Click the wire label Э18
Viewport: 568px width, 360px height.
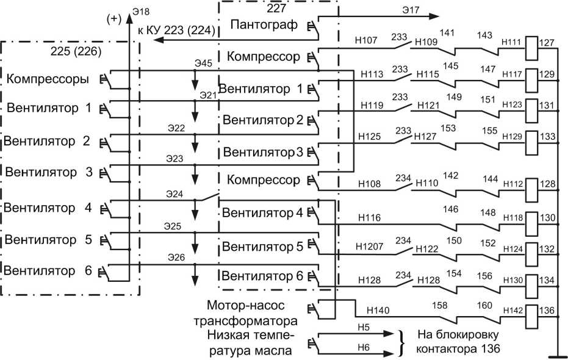coord(141,12)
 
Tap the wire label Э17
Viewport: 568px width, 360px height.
coord(411,10)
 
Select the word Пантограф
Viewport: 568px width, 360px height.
coord(264,24)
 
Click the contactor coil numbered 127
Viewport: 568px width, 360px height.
coord(532,48)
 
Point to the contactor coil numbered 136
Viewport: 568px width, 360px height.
coord(532,317)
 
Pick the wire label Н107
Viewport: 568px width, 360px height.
coord(366,40)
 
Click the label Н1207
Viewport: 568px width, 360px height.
coord(369,247)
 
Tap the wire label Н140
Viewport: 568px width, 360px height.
coord(378,310)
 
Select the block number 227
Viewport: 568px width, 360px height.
coord(276,8)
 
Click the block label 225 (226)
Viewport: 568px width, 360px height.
coord(76,51)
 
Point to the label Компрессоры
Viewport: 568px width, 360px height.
coord(48,79)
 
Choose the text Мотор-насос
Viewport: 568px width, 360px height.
coord(246,305)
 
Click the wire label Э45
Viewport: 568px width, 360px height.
coord(203,63)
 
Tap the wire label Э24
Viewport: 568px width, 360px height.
coord(174,194)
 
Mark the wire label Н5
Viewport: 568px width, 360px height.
coord(364,328)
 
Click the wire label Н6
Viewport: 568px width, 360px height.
coord(364,347)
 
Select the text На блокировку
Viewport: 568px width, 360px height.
coord(458,334)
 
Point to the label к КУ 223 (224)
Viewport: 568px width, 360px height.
coord(176,30)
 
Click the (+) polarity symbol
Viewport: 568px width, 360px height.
coord(114,18)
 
